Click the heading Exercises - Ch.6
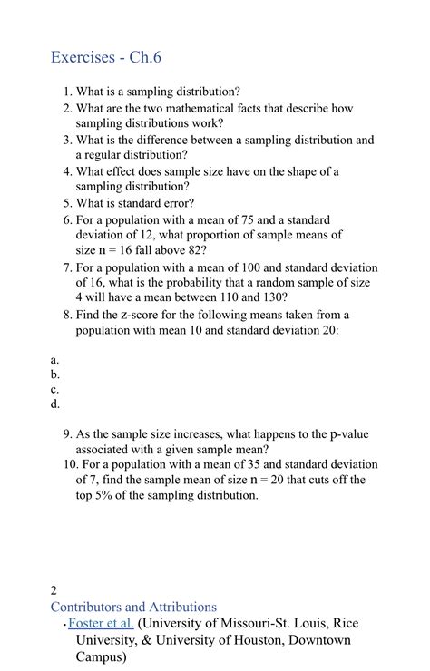(105, 58)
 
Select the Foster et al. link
(101, 623)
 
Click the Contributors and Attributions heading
(133, 607)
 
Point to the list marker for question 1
(67, 92)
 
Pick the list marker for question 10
(69, 464)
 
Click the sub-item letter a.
(55, 359)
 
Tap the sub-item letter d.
(55, 404)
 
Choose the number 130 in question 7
(271, 297)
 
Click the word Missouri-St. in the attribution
(259, 623)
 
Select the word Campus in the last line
(105, 657)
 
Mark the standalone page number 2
(54, 590)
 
